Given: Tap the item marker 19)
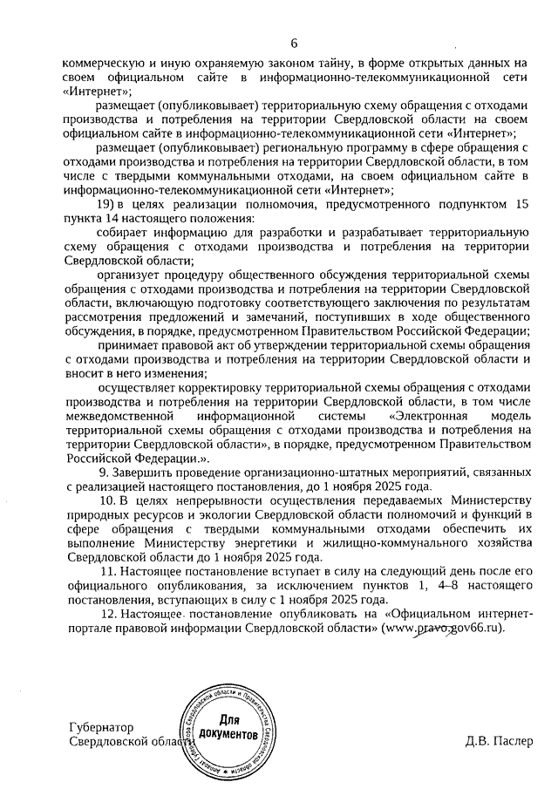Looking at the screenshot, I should [107, 203].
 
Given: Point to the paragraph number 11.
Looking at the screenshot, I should [106, 569].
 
